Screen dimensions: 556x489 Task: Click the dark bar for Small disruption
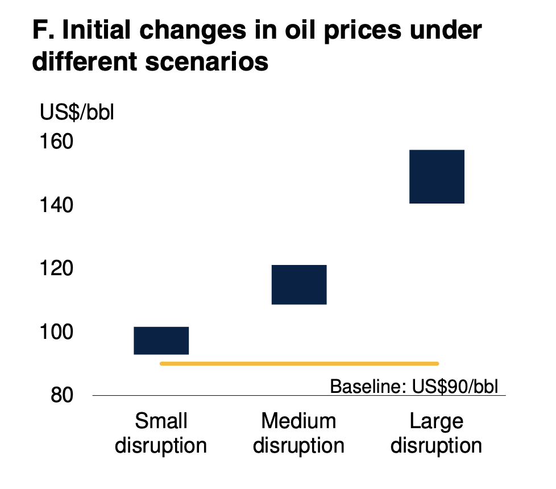point(161,341)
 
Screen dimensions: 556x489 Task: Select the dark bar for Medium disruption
point(299,284)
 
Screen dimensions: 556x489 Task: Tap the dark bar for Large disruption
point(437,177)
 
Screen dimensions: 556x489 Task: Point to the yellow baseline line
point(299,363)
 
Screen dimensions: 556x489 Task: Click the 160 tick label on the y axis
point(56,142)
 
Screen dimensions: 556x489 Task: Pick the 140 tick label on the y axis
point(56,205)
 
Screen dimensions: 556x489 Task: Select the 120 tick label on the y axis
point(56,268)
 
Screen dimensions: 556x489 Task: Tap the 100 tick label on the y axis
point(56,332)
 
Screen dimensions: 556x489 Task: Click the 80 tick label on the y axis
point(62,395)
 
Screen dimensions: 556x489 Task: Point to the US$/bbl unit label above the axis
point(77,113)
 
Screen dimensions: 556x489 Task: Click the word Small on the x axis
point(161,421)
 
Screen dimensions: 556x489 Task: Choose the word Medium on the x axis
point(298,421)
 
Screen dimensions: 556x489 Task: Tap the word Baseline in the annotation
point(368,386)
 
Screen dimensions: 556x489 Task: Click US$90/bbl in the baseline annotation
point(455,386)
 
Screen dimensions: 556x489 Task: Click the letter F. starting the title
point(43,30)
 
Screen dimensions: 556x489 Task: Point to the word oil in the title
point(300,30)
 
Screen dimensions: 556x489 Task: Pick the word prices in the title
point(363,31)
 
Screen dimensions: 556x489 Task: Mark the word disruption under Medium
point(298,446)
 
